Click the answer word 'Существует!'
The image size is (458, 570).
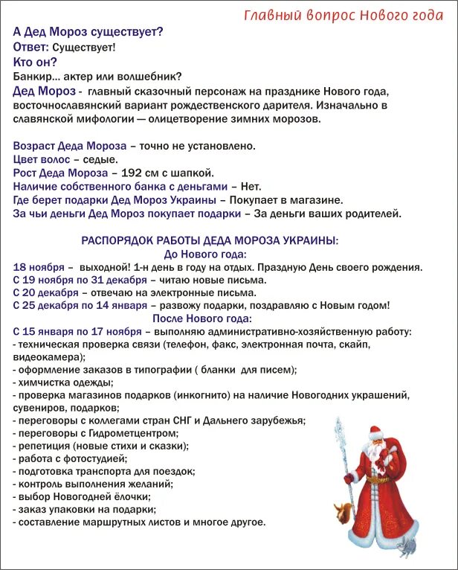(x=84, y=48)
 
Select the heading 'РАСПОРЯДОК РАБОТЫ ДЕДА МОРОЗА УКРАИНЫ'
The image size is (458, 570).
(x=210, y=240)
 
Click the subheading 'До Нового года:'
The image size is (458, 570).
(x=210, y=254)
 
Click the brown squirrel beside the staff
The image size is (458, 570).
(x=343, y=511)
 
